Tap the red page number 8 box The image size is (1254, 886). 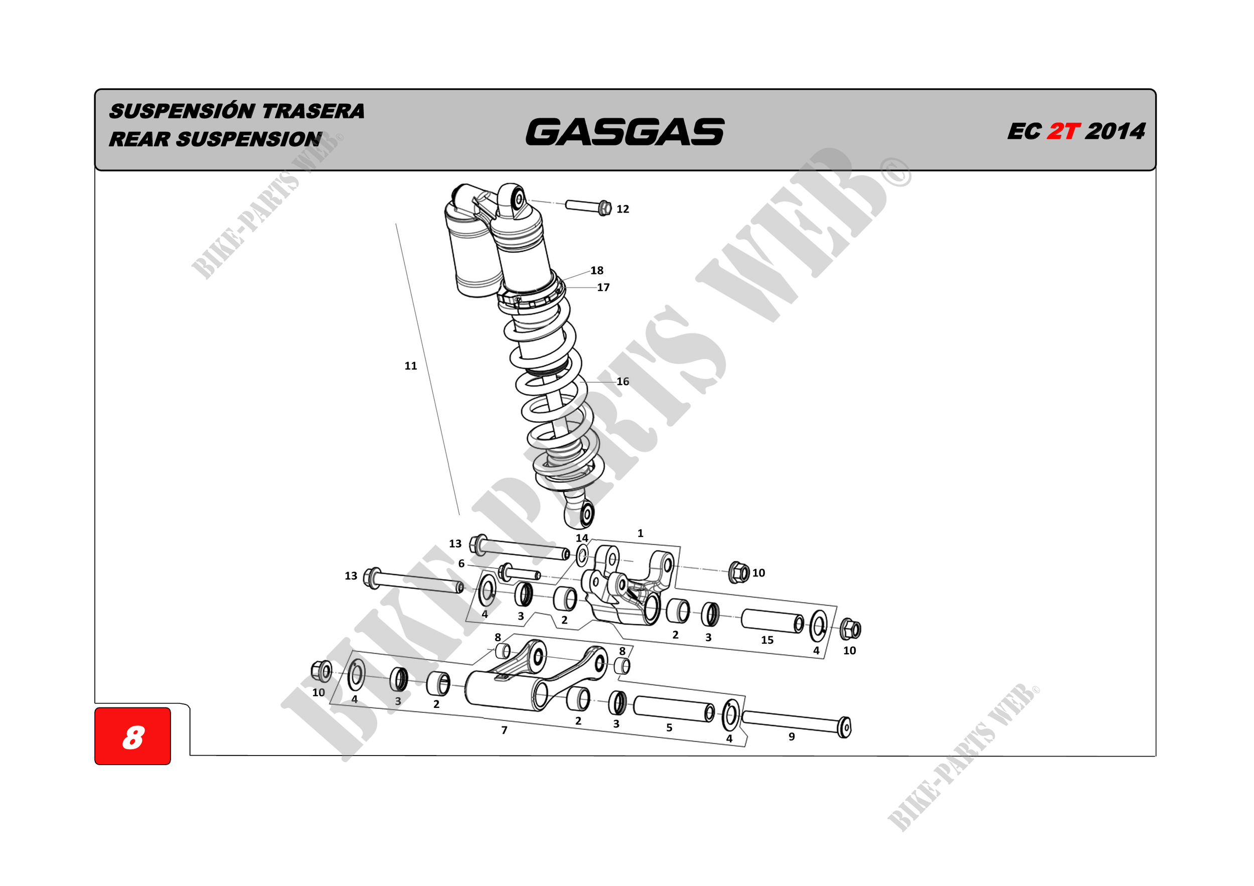click(133, 736)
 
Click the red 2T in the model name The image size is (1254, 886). click(1063, 131)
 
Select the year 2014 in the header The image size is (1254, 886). click(1114, 131)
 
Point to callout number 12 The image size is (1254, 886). click(622, 209)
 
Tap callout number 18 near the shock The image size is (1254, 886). click(597, 270)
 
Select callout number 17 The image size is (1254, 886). click(603, 287)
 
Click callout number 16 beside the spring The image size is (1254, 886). click(622, 381)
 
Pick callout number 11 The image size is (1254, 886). click(411, 366)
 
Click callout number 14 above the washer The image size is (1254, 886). click(582, 538)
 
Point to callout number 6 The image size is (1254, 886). click(461, 564)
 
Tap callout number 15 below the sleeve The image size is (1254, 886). click(767, 640)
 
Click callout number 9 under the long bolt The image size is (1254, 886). click(792, 736)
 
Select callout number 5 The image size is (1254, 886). click(669, 727)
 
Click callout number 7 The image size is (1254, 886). click(504, 730)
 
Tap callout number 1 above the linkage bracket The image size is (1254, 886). click(640, 533)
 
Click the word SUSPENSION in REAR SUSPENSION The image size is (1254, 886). click(248, 139)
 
